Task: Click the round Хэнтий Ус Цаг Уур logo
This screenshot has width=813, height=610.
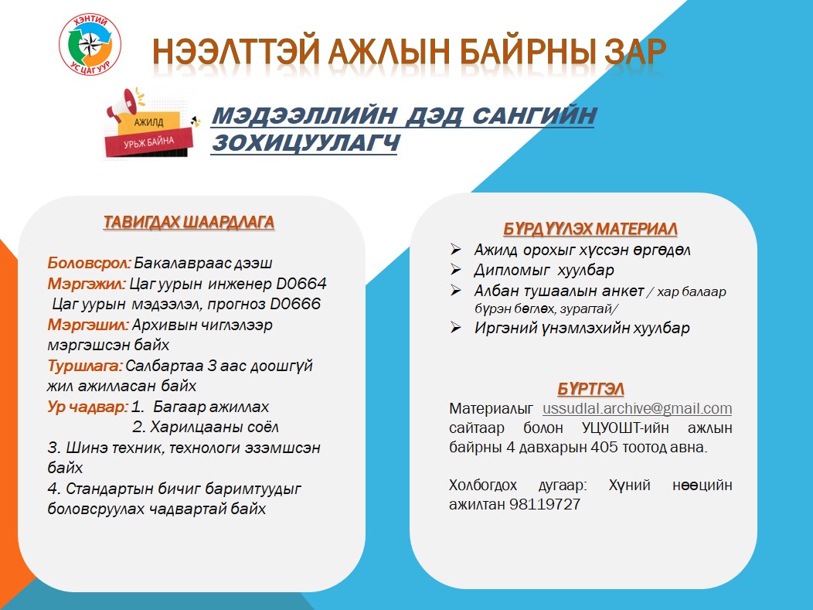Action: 90,44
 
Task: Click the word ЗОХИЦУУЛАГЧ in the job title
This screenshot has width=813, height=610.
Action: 305,143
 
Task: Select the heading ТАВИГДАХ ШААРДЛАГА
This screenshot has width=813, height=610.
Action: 189,222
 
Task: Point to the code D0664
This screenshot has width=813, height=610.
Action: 301,284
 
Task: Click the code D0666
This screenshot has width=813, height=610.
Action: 295,304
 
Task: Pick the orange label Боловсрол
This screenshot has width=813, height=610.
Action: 89,263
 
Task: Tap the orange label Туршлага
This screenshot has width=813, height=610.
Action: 85,366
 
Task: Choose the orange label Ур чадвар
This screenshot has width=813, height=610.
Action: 87,407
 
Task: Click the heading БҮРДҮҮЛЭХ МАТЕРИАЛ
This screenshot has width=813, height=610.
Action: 590,229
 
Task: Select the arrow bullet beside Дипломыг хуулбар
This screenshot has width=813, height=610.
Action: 456,269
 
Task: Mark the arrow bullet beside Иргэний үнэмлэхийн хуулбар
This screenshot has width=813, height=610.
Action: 456,327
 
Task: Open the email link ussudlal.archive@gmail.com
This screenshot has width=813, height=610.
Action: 638,408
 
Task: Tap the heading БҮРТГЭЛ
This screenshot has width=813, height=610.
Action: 590,389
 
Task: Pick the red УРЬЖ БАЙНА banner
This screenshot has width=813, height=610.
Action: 149,141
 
